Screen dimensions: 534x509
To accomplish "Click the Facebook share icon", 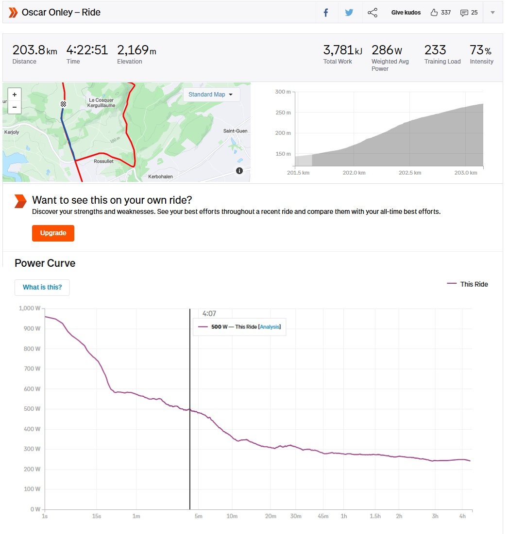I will pos(326,13).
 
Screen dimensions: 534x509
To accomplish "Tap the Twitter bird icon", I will pos(349,13).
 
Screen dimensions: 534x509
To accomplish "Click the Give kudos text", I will pos(406,13).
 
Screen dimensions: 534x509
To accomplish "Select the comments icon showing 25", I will pos(464,13).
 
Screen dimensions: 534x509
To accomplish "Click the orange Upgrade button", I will pos(53,233).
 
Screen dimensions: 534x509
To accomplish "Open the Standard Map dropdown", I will pos(211,95).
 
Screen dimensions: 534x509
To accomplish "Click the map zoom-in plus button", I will pos(15,95).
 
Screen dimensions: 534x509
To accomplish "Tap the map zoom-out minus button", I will pos(15,107).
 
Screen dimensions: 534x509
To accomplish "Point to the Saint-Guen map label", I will pos(235,131).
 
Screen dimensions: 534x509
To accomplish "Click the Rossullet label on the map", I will pos(103,162).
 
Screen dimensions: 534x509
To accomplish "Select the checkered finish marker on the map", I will pos(63,104).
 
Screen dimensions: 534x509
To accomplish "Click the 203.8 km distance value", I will pos(34,50).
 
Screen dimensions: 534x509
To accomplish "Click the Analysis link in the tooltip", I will pos(270,327).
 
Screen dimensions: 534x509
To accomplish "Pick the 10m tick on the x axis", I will pos(232,517).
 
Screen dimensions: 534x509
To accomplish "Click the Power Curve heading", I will pos(45,263).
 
